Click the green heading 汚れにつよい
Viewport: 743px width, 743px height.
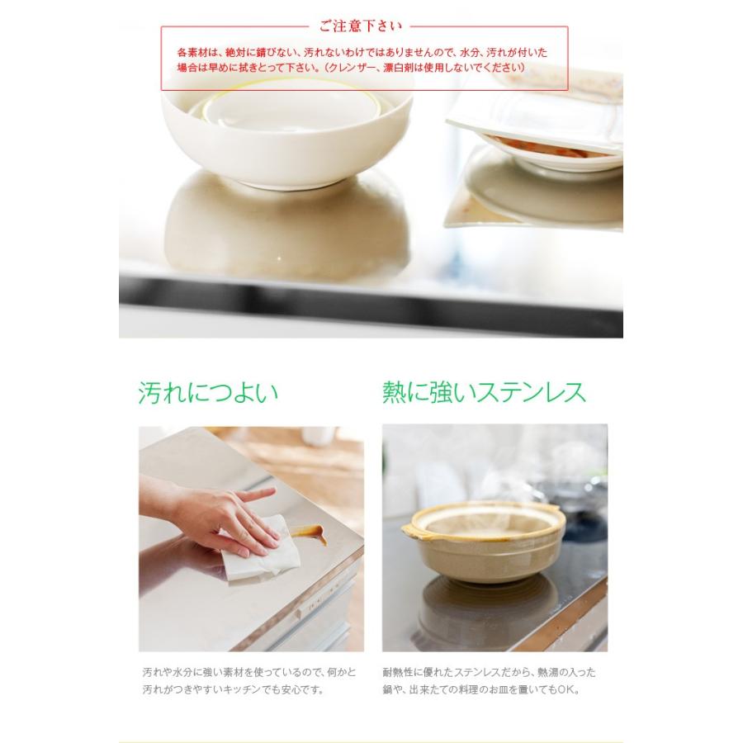[207, 391]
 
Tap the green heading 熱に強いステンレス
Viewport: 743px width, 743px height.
[484, 391]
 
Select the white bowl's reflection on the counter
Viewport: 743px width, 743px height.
[286, 223]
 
